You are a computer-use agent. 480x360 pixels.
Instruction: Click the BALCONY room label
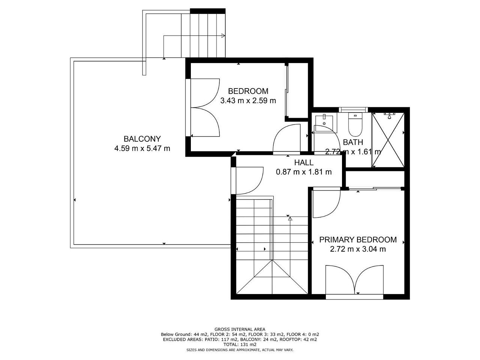(142, 139)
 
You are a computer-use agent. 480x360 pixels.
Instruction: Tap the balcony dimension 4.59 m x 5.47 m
(142, 148)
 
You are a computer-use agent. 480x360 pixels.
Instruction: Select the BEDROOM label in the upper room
(248, 91)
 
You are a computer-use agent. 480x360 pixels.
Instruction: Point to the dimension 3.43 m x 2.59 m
(248, 100)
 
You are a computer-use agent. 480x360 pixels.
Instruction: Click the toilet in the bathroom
(355, 124)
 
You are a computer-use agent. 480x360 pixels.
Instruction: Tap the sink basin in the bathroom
(324, 123)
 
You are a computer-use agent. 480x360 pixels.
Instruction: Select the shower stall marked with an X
(388, 140)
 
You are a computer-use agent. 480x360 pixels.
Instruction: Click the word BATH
(353, 142)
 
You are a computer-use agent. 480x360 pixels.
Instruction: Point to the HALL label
(304, 162)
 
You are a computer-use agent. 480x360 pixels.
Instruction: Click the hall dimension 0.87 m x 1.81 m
(304, 172)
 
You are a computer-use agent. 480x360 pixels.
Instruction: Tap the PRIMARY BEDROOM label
(358, 240)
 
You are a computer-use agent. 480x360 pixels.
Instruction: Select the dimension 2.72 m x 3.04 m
(358, 249)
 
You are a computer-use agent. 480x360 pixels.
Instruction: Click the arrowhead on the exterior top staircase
(223, 36)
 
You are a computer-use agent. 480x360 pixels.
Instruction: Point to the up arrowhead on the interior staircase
(290, 219)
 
